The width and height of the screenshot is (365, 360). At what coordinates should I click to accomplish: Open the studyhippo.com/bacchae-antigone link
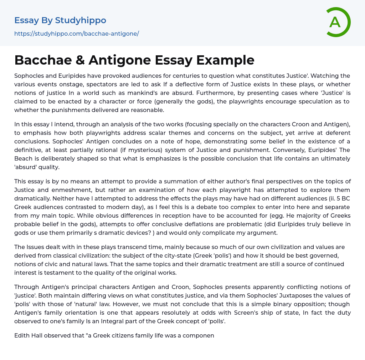[x=76, y=34]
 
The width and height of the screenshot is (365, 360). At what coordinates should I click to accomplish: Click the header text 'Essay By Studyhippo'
[x=60, y=20]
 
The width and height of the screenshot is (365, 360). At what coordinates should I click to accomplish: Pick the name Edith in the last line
[x=21, y=335]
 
